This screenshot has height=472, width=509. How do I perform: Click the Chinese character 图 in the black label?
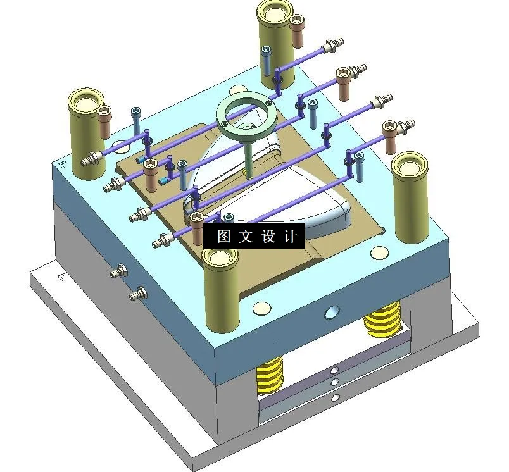click(x=223, y=237)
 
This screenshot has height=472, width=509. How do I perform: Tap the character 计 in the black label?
click(x=289, y=237)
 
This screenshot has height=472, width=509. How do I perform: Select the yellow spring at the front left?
click(x=271, y=375)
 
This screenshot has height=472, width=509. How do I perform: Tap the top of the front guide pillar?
click(x=220, y=258)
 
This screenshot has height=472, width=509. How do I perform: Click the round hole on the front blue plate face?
click(x=331, y=312)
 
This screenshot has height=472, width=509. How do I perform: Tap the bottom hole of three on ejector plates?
click(x=335, y=397)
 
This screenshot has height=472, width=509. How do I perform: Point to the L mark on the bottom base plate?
click(x=62, y=276)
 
